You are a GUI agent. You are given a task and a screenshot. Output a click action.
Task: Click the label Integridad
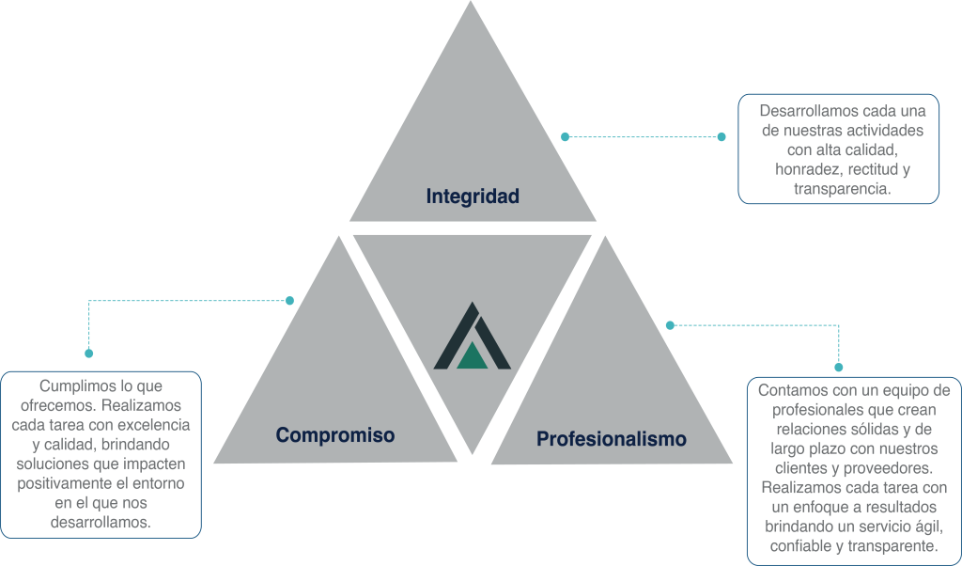click(x=473, y=197)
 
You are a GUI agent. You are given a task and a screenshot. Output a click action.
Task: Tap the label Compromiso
click(x=334, y=435)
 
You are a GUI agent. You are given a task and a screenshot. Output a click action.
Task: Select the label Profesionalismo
click(x=611, y=439)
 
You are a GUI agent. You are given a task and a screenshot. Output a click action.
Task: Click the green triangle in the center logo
click(x=473, y=354)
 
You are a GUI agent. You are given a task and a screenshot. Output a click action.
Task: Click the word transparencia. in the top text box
click(x=841, y=189)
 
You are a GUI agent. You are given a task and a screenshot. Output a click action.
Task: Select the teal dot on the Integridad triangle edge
click(x=565, y=136)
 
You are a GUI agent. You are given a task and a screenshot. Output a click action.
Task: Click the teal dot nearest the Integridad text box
click(x=721, y=136)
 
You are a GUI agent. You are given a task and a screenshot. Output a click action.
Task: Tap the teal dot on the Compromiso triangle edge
click(x=289, y=301)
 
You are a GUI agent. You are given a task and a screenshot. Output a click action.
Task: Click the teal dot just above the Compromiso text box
click(x=89, y=354)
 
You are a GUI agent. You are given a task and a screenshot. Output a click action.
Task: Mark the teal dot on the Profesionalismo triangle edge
click(x=670, y=325)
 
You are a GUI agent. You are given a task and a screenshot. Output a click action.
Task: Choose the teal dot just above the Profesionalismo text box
click(x=839, y=368)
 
